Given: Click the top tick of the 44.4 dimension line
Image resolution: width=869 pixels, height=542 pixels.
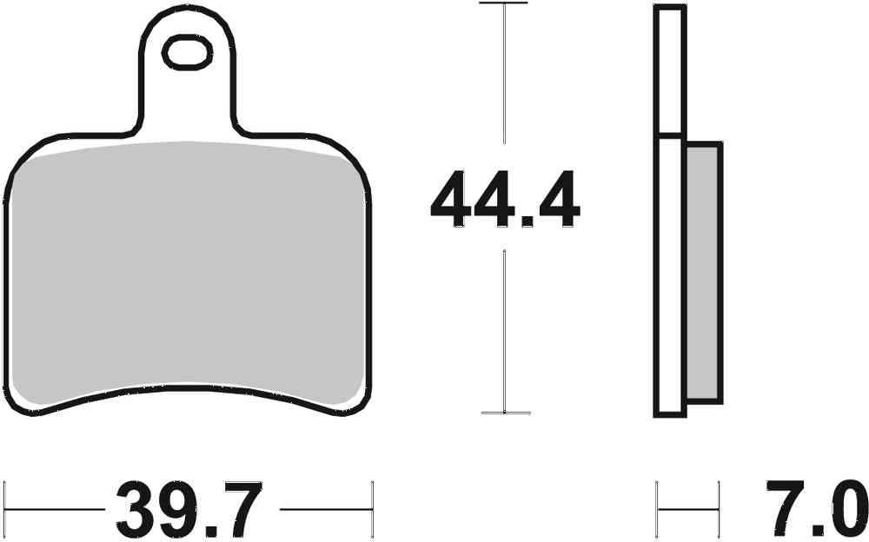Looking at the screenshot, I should point(504,4).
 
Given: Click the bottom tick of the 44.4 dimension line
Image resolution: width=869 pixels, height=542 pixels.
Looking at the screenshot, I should point(504,412).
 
